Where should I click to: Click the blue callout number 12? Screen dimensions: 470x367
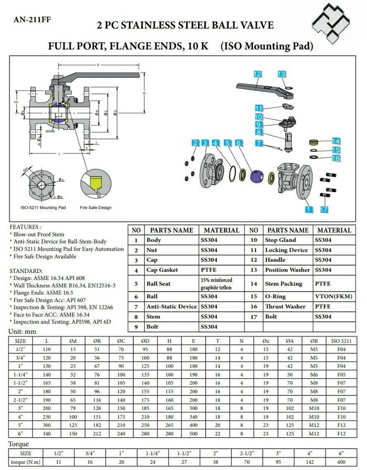[257, 74]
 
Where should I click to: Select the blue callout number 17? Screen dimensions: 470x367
[324, 210]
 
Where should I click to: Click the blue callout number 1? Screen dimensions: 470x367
[309, 210]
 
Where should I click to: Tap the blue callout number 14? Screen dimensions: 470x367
[336, 141]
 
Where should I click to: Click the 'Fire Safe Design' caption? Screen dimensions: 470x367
[96, 207]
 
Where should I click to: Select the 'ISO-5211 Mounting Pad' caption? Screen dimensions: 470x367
[43, 207]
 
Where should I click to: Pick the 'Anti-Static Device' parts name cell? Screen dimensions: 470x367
[172, 306]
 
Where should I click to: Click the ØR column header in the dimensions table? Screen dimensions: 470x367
[97, 341]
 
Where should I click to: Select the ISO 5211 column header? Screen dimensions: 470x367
[341, 341]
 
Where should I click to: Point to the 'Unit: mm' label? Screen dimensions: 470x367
[22, 332]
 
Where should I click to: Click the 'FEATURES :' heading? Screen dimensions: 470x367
[25, 227]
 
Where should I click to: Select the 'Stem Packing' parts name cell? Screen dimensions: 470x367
[283, 284]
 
